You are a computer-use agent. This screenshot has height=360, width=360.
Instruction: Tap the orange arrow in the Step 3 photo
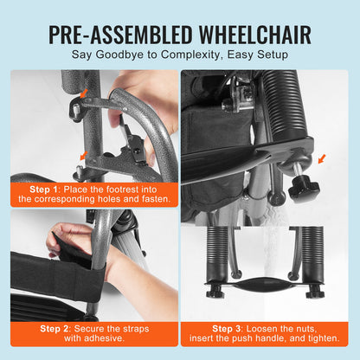[322, 159]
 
